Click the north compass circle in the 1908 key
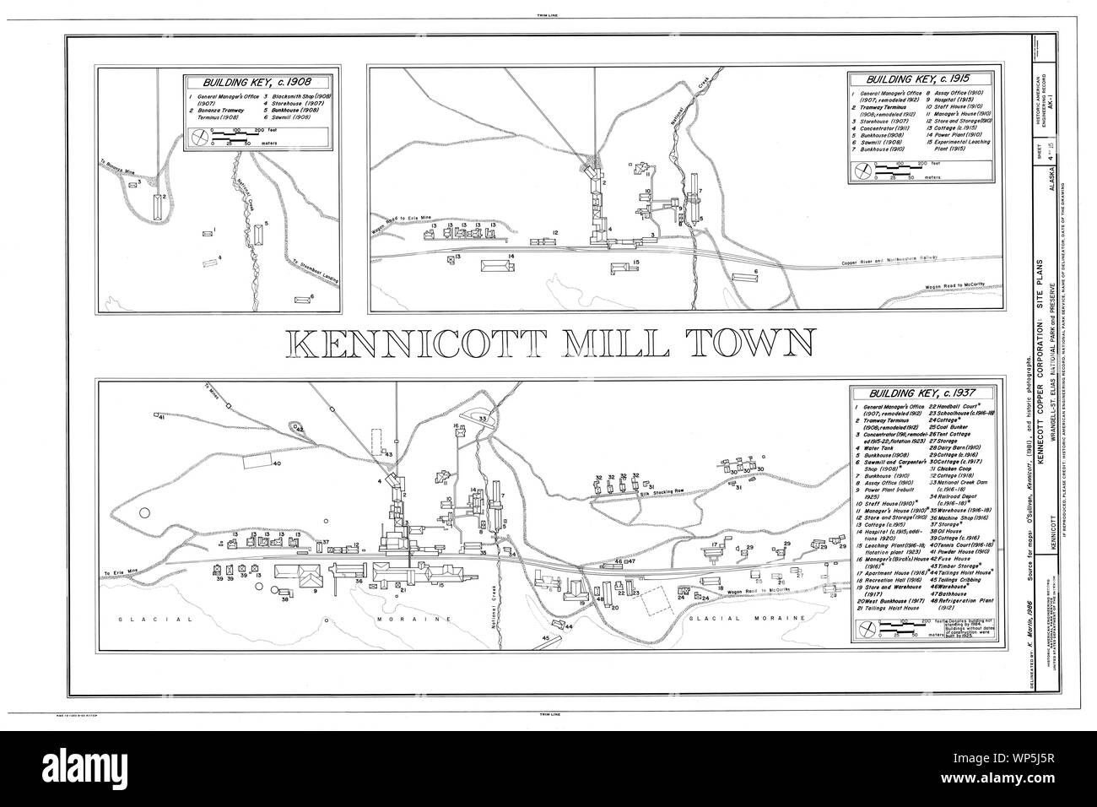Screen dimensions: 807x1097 (200, 138)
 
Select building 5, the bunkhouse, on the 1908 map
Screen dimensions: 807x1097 (258, 233)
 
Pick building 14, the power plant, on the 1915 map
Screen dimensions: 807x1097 (497, 266)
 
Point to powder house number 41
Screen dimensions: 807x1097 (159, 416)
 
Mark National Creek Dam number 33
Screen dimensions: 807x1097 (483, 419)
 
